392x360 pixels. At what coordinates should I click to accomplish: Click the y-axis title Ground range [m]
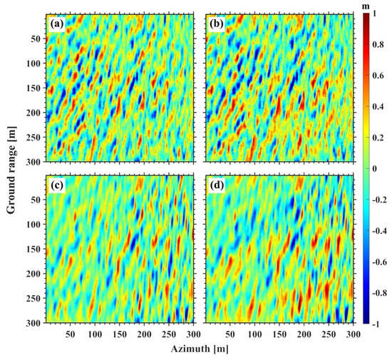coord(11,168)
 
